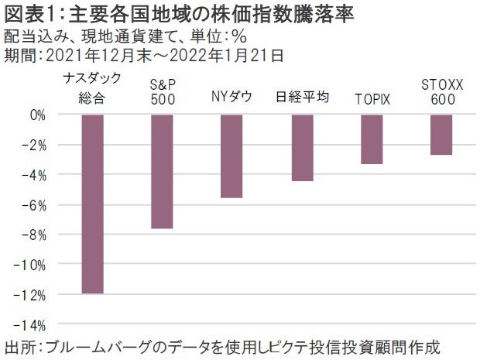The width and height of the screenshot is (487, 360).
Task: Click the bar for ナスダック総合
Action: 92,204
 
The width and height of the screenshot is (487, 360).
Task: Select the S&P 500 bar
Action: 162,171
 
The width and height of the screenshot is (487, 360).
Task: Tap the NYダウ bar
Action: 231,156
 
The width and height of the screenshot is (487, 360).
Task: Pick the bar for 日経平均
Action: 302,147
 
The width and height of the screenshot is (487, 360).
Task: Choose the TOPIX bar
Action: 372,139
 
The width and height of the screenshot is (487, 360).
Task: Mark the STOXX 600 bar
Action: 441,134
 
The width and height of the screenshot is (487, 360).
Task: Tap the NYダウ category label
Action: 231,98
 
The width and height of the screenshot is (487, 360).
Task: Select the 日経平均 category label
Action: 303,98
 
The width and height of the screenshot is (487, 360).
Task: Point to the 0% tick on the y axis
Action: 36,115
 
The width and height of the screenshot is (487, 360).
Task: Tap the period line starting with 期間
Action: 143,54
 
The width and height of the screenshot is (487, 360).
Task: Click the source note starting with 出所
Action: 225,345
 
